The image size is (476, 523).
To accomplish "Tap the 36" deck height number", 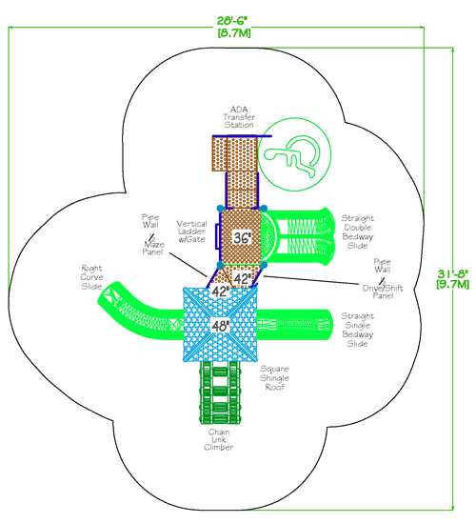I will [x=243, y=237].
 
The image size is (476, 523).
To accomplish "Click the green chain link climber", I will [x=220, y=394].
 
